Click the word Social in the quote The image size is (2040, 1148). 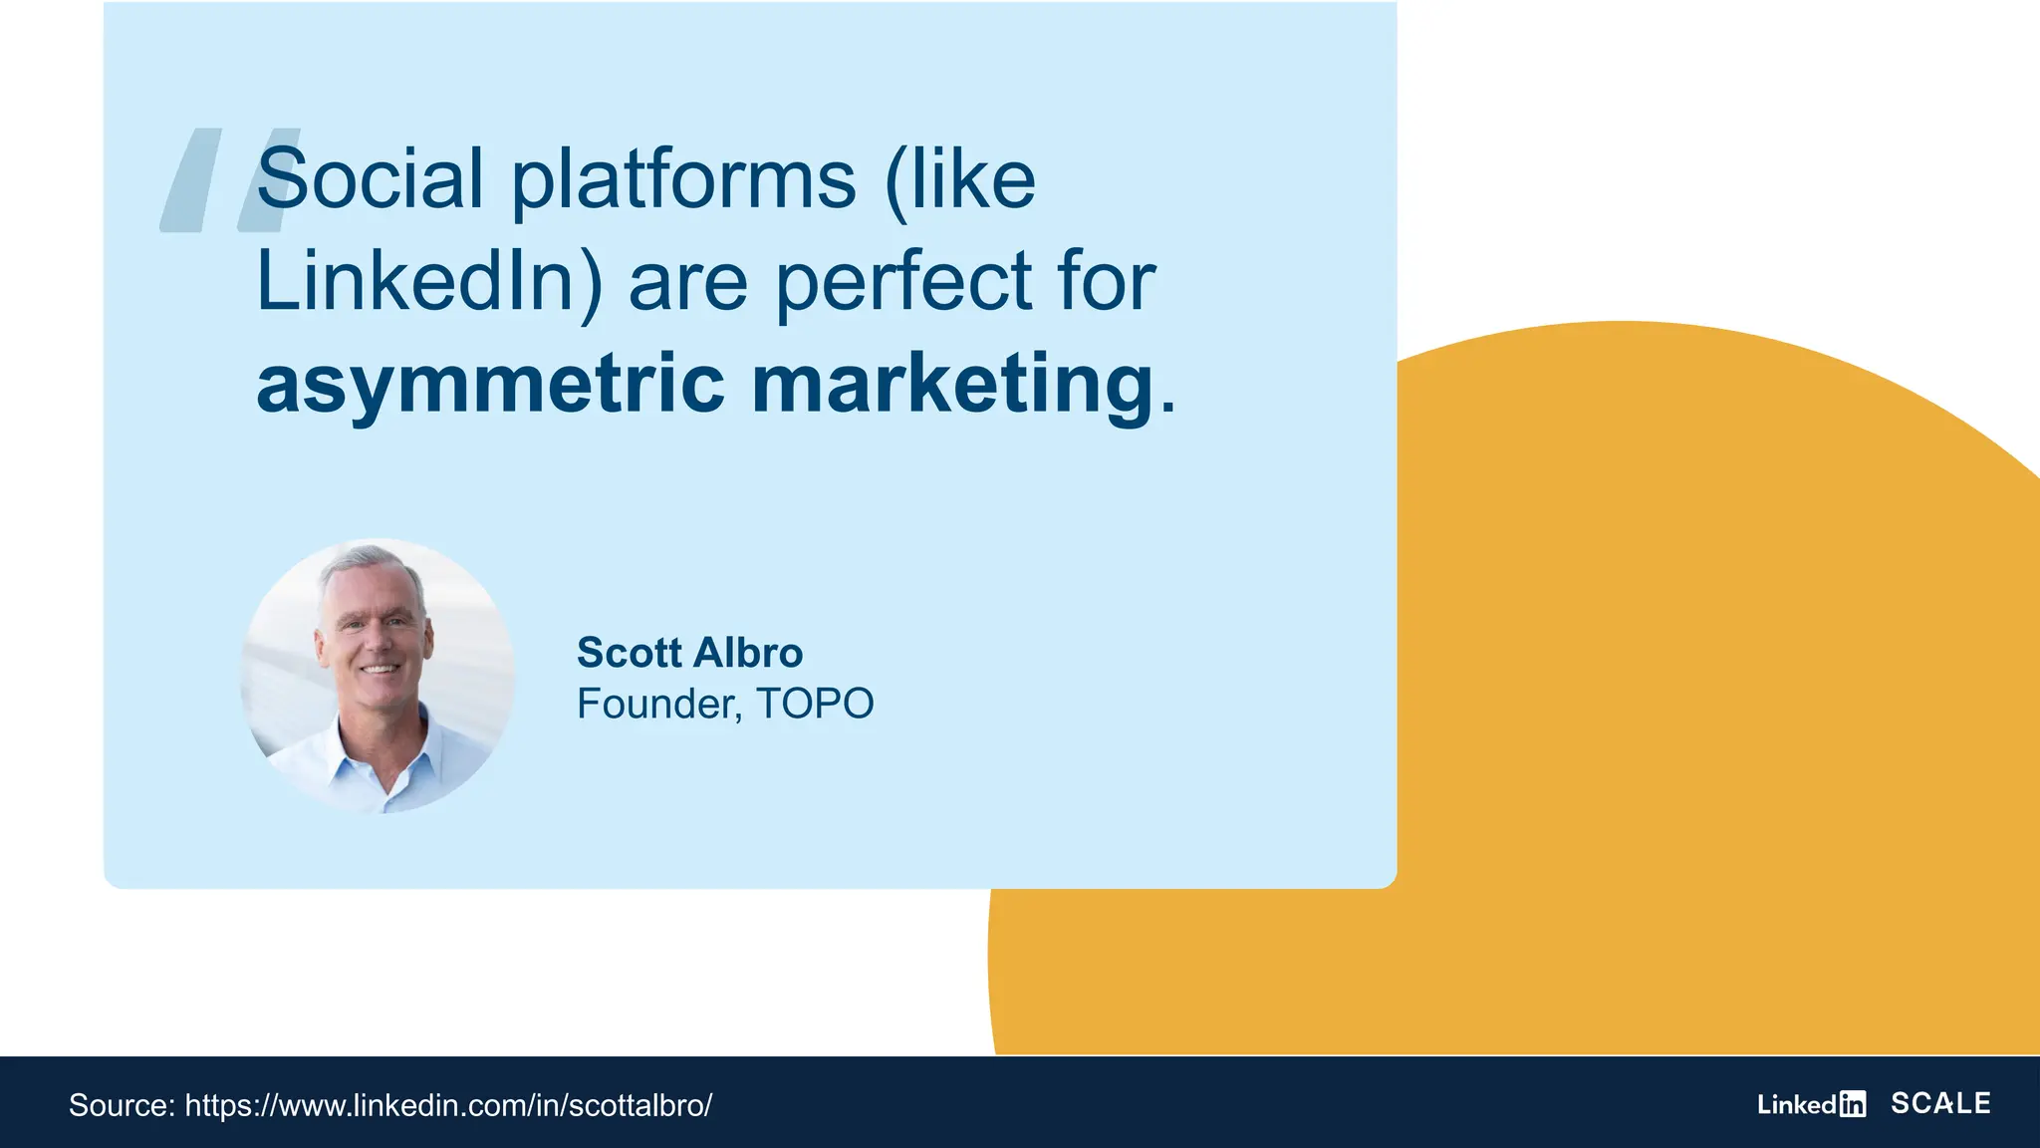click(x=370, y=179)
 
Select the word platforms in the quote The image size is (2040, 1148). click(x=683, y=181)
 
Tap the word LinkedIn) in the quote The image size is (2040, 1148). click(x=429, y=283)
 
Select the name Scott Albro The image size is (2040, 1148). click(x=689, y=653)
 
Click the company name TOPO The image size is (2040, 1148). click(x=815, y=704)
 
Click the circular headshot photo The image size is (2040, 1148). click(x=378, y=677)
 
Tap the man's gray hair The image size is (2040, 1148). click(x=369, y=568)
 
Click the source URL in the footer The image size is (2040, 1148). click(x=448, y=1105)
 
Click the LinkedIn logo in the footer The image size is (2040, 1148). click(x=1811, y=1104)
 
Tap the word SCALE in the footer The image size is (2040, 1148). click(x=1940, y=1103)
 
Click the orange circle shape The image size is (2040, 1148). click(x=1693, y=698)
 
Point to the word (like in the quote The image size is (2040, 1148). click(x=960, y=181)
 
